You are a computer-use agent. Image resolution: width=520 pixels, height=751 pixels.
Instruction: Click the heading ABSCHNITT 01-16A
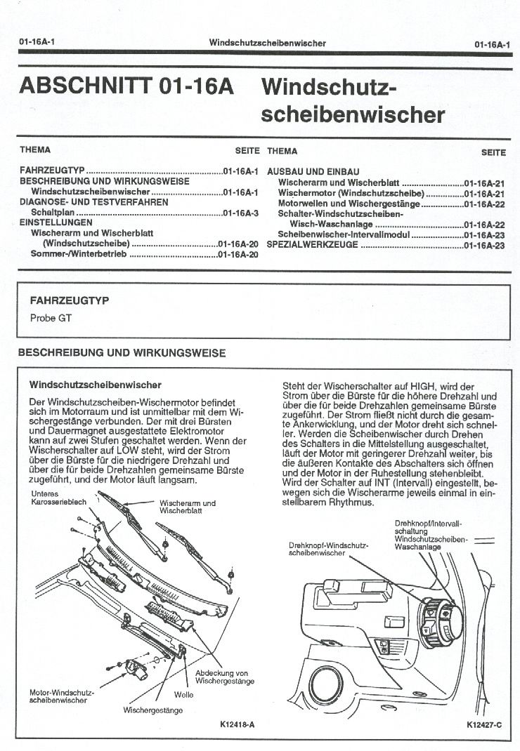pyautogui.click(x=126, y=86)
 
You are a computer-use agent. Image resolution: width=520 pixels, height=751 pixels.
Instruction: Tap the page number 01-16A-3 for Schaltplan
pyautogui.click(x=241, y=213)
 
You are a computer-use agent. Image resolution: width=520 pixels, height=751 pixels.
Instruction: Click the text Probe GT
pyautogui.click(x=51, y=318)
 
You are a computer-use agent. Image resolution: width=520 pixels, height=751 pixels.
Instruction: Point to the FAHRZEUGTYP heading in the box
pyautogui.click(x=69, y=300)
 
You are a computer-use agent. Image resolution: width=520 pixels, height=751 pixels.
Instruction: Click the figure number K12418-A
pyautogui.click(x=237, y=724)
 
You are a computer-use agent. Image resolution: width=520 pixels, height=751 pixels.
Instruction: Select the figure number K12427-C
pyautogui.click(x=484, y=724)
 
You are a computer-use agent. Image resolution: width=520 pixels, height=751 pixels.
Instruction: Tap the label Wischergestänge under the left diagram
pyautogui.click(x=152, y=710)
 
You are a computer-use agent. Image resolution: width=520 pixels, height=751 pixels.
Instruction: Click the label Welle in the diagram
pyautogui.click(x=183, y=695)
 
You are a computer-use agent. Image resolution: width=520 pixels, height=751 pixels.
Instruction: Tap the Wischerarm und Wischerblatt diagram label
pyautogui.click(x=187, y=507)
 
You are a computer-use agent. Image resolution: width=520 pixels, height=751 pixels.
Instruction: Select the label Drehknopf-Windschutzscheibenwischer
pyautogui.click(x=320, y=549)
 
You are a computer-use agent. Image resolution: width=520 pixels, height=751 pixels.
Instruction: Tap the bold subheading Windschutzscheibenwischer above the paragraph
pyautogui.click(x=96, y=385)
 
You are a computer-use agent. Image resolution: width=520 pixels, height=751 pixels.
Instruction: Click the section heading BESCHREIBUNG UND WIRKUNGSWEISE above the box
pyautogui.click(x=122, y=352)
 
